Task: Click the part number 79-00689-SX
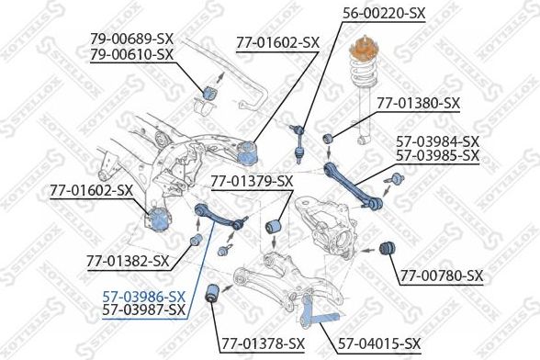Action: (131, 39)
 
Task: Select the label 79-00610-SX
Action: (131, 54)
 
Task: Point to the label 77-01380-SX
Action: (418, 103)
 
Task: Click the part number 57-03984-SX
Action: (437, 141)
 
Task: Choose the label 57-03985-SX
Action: (437, 155)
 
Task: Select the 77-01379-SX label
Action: (252, 180)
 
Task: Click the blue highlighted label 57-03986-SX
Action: (144, 296)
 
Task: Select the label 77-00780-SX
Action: (442, 276)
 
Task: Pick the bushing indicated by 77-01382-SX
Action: (195, 242)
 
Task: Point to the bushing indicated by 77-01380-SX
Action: (328, 139)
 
